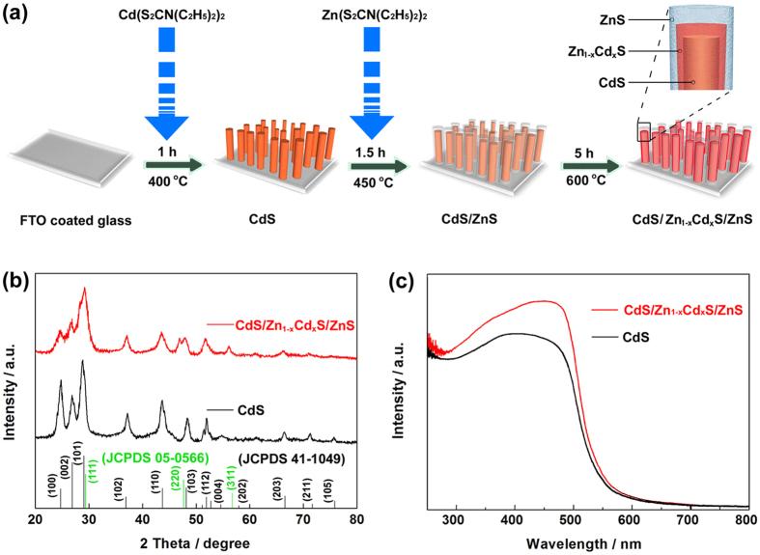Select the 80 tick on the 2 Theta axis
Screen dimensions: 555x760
pyautogui.click(x=356, y=518)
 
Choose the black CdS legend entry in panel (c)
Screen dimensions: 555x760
pyautogui.click(x=635, y=337)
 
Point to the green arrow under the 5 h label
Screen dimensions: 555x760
pyautogui.click(x=585, y=165)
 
